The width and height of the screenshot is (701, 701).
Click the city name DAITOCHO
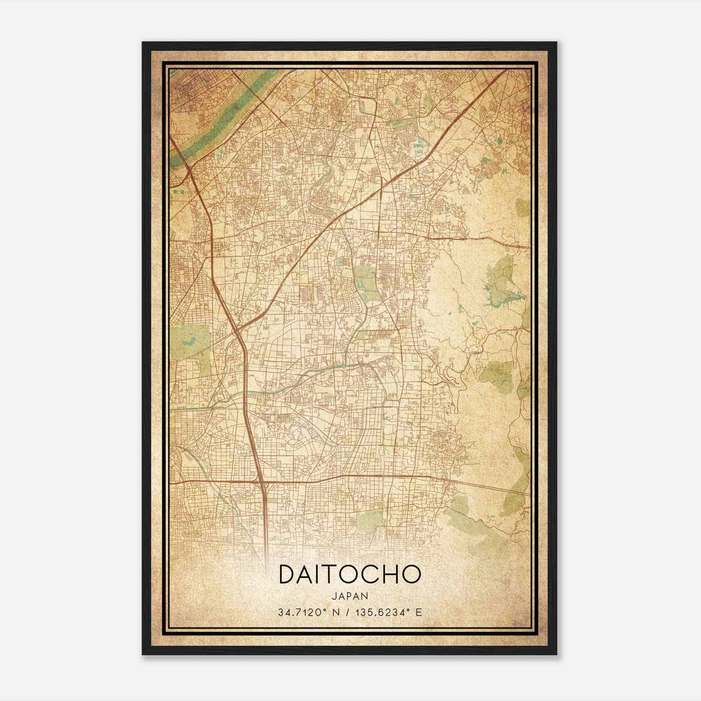[x=350, y=574]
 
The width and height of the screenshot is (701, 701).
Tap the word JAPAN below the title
[x=350, y=596]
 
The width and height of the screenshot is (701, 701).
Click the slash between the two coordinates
[x=347, y=612]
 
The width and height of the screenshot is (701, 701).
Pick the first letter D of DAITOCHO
[x=287, y=574]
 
